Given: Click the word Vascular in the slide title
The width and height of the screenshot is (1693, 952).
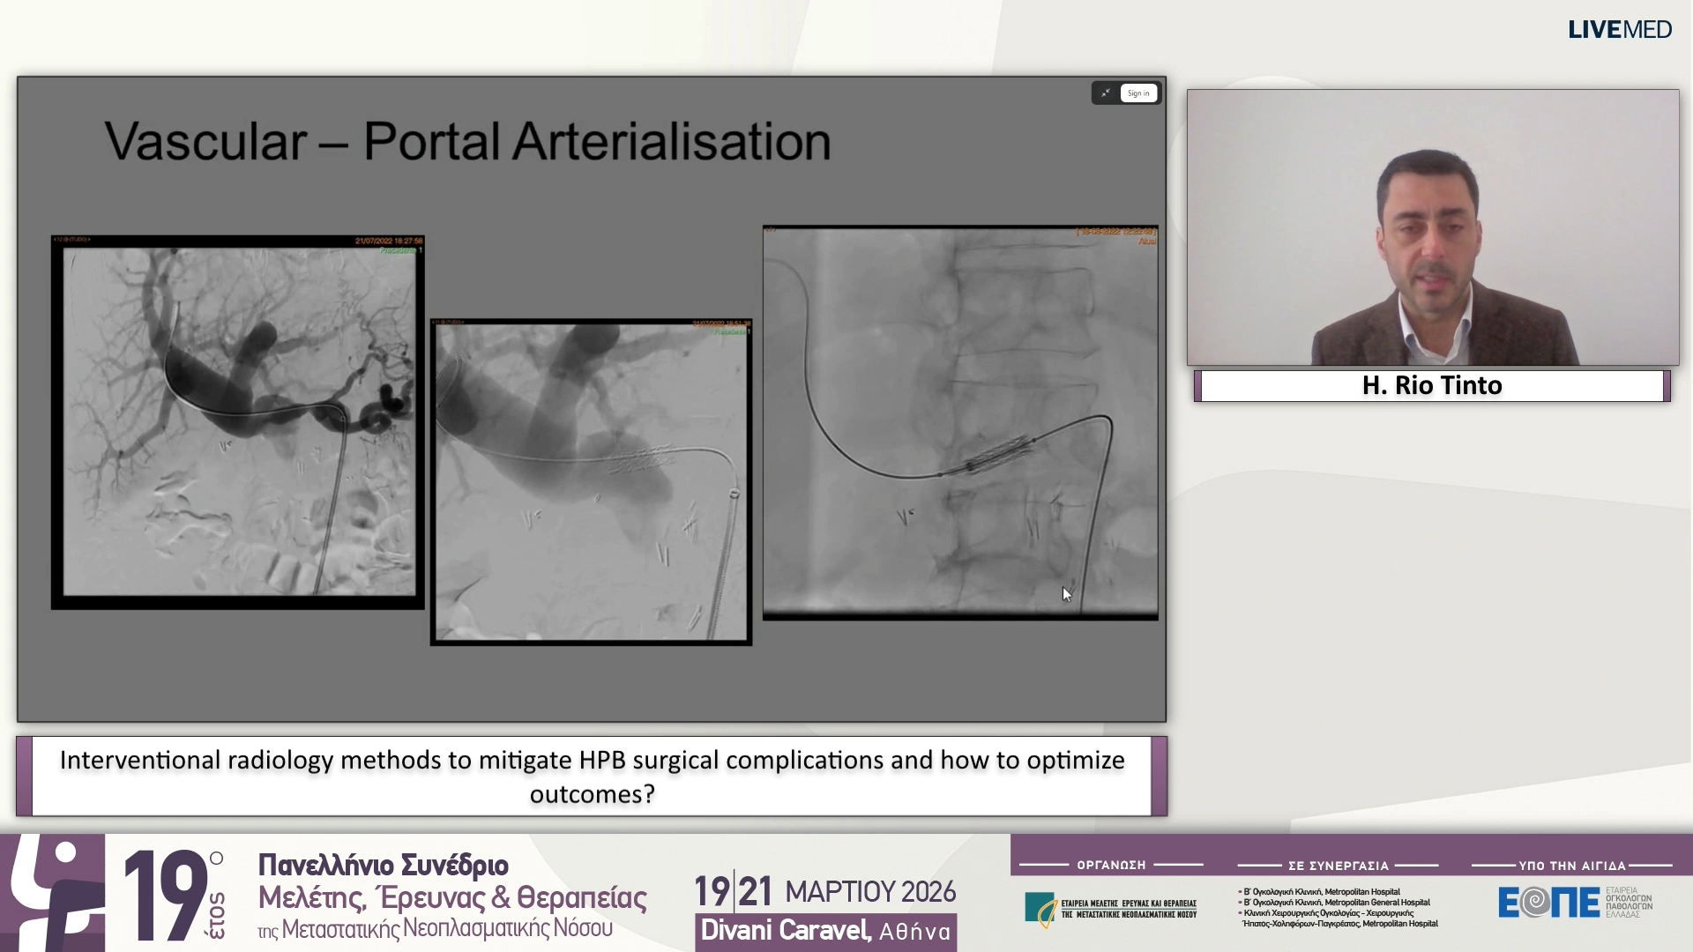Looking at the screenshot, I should [x=205, y=141].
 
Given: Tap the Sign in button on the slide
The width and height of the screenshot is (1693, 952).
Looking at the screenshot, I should [x=1138, y=93].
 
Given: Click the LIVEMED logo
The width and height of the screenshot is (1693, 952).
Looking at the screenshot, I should [x=1619, y=30].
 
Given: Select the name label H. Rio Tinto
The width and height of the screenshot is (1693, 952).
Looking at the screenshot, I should [x=1432, y=385].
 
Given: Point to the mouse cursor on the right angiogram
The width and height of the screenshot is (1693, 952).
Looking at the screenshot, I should [x=1066, y=594].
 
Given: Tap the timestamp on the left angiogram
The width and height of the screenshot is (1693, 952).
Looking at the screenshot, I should [x=388, y=241].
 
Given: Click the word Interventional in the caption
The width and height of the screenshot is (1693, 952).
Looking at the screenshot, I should [x=140, y=760].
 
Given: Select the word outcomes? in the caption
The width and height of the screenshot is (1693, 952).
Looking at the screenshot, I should [x=592, y=794].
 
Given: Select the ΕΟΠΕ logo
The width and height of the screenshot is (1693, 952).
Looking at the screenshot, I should [x=1548, y=902].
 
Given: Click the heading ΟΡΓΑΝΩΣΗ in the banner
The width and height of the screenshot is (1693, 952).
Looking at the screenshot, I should [x=1111, y=866].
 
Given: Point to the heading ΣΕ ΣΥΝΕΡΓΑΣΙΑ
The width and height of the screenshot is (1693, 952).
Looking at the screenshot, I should [x=1338, y=866].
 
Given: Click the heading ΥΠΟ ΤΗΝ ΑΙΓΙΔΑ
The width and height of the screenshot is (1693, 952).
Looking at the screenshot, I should [x=1571, y=866].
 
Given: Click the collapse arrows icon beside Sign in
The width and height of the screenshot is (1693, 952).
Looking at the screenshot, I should [x=1106, y=93].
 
